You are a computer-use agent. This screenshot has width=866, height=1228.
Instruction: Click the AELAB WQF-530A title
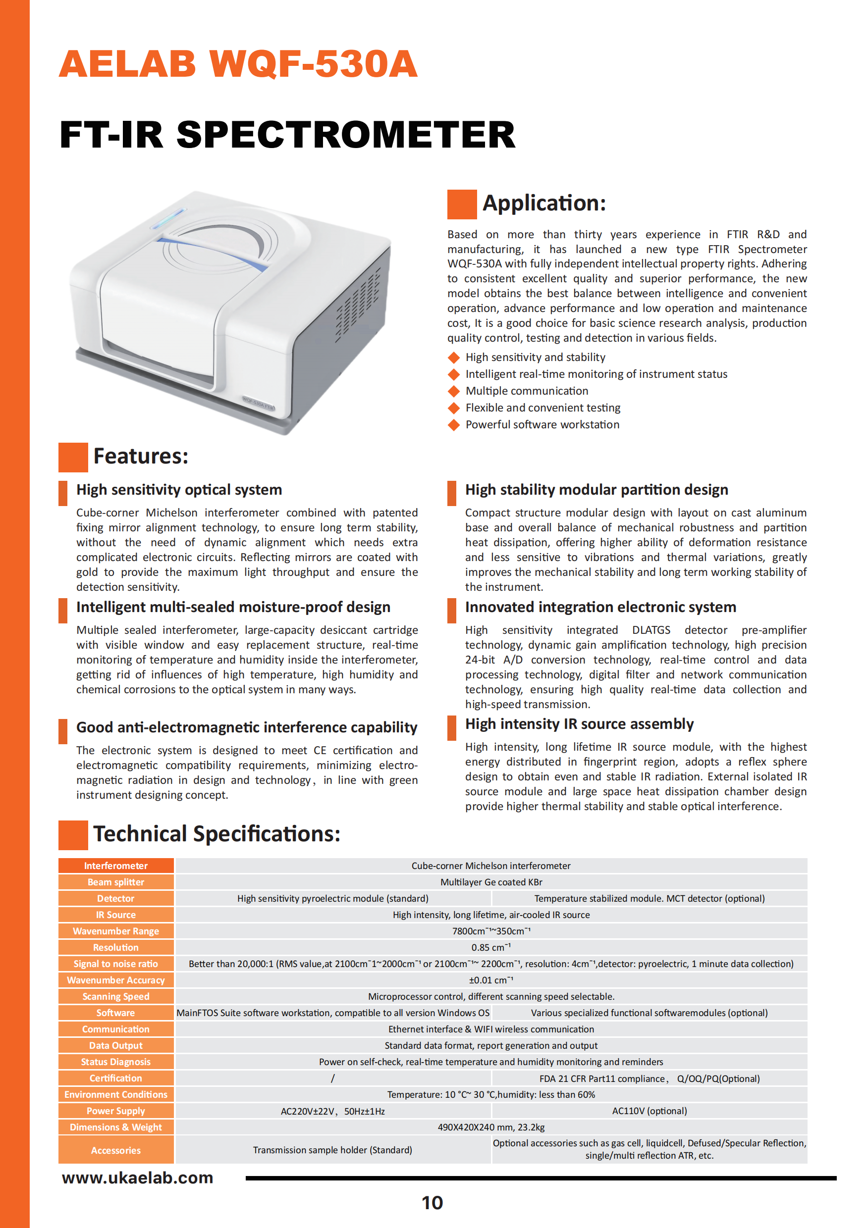coord(238,64)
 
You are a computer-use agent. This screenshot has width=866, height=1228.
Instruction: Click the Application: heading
coord(544,203)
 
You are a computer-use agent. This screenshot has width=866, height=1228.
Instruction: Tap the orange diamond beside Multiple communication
coord(454,391)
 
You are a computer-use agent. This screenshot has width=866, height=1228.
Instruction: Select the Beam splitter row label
coord(115,882)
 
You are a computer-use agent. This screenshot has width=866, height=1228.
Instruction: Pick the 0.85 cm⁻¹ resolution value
coord(491,947)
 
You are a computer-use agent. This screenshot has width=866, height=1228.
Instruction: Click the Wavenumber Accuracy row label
coord(115,980)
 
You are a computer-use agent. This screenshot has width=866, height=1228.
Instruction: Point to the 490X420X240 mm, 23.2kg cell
coord(491,1127)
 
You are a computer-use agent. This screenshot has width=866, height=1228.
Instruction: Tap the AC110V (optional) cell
coord(649,1111)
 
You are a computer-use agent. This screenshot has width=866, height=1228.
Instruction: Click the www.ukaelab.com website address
coord(138,1177)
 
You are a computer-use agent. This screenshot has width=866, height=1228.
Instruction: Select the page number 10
coord(433,1203)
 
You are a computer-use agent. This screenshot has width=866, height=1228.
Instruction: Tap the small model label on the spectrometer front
coord(259,404)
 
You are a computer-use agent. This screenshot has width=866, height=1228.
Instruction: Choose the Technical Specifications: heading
coord(217,834)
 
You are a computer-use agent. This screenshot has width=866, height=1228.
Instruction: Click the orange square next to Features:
coord(73,458)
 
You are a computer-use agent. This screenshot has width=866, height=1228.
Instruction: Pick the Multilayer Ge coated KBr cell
coord(491,882)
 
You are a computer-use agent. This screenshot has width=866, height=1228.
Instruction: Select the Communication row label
coord(115,1029)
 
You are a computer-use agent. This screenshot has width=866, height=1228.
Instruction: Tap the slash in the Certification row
coord(332,1078)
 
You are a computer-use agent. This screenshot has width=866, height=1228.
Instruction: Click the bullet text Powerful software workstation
coord(542,425)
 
